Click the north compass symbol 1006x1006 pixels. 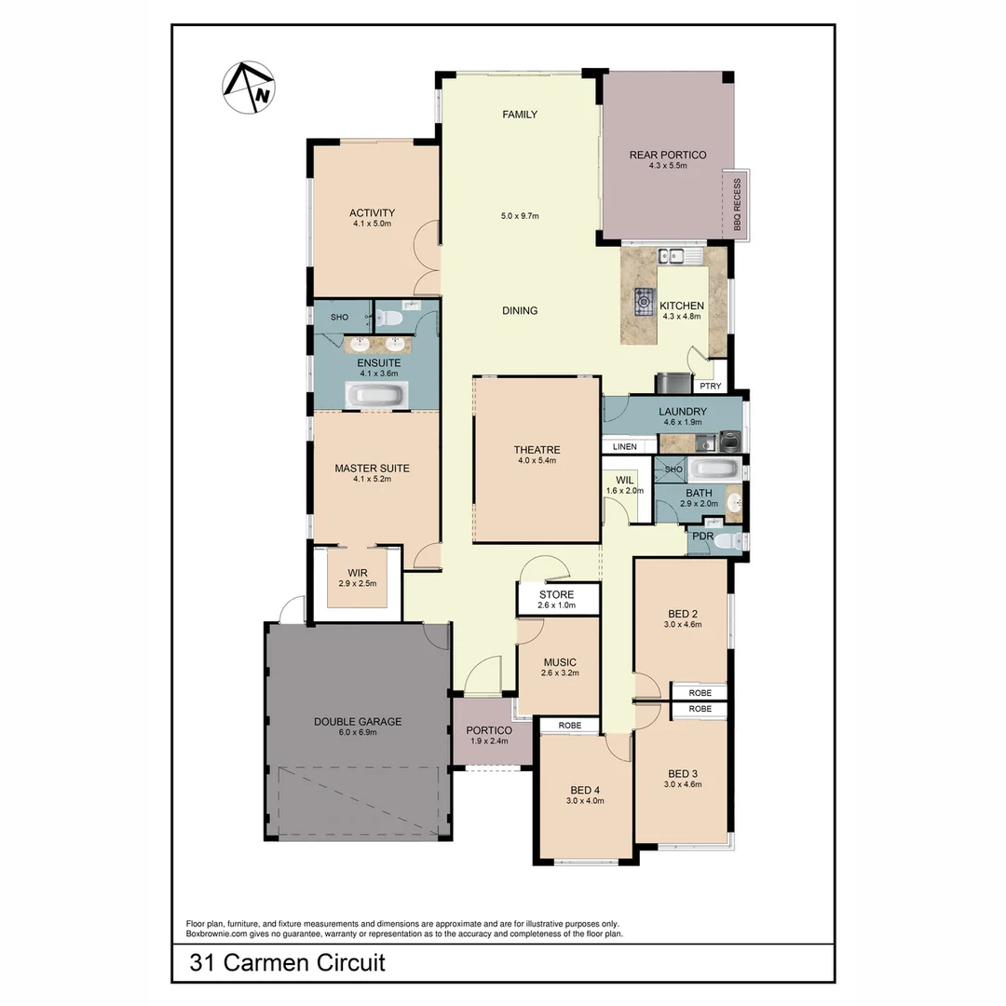click(249, 88)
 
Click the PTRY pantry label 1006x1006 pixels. click(711, 386)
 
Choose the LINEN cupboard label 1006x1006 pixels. click(625, 447)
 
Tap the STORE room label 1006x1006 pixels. click(556, 593)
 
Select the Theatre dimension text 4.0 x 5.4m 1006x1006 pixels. click(537, 460)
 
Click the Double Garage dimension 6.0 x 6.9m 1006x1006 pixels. click(358, 733)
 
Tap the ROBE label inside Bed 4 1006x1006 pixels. click(570, 725)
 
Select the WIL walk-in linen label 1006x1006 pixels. click(624, 480)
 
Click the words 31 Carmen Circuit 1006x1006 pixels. click(287, 962)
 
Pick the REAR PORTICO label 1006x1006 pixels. click(668, 155)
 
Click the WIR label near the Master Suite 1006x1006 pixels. click(358, 572)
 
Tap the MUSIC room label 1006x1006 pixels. click(560, 662)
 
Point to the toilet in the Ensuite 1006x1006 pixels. click(393, 319)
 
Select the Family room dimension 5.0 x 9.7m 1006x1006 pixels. click(520, 216)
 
